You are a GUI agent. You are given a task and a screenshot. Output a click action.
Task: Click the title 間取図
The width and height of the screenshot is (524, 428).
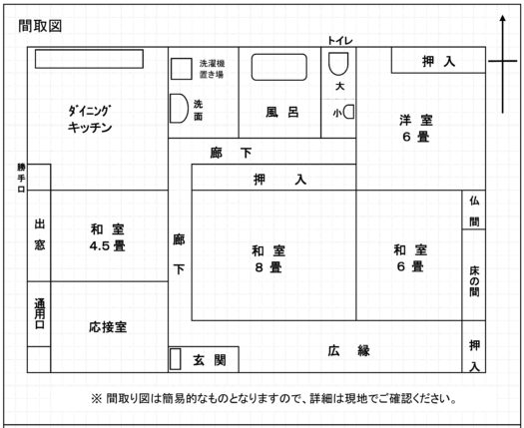coord(40,26)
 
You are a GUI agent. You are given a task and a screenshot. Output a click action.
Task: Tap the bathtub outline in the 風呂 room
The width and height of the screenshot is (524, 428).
coord(279,55)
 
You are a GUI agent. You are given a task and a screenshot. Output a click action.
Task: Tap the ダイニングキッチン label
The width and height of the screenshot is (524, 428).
coord(90,119)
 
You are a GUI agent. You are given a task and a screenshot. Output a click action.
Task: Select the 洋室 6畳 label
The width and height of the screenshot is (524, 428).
coord(416,129)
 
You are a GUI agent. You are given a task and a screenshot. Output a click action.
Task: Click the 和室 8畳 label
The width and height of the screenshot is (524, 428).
coord(268,259)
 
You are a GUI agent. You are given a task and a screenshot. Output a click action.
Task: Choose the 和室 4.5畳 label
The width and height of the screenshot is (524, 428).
coord(107,237)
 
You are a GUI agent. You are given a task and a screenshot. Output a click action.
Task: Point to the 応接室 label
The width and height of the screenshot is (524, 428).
coord(108,327)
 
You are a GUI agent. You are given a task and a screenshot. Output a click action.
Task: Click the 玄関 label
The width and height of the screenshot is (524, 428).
coord(210,360)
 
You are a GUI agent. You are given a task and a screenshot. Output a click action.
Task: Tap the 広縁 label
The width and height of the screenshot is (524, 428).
coord(348,351)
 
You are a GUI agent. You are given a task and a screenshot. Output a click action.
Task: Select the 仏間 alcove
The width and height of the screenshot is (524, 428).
coord(474,210)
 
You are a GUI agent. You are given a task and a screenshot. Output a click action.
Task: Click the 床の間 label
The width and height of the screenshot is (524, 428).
coord(474,281)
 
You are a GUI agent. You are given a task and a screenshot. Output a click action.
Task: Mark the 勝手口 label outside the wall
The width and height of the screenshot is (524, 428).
coord(21,178)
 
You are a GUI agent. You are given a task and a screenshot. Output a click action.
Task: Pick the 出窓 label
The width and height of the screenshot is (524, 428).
coord(40,234)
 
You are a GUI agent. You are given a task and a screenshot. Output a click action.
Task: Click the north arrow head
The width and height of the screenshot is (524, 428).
coord(503,19)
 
